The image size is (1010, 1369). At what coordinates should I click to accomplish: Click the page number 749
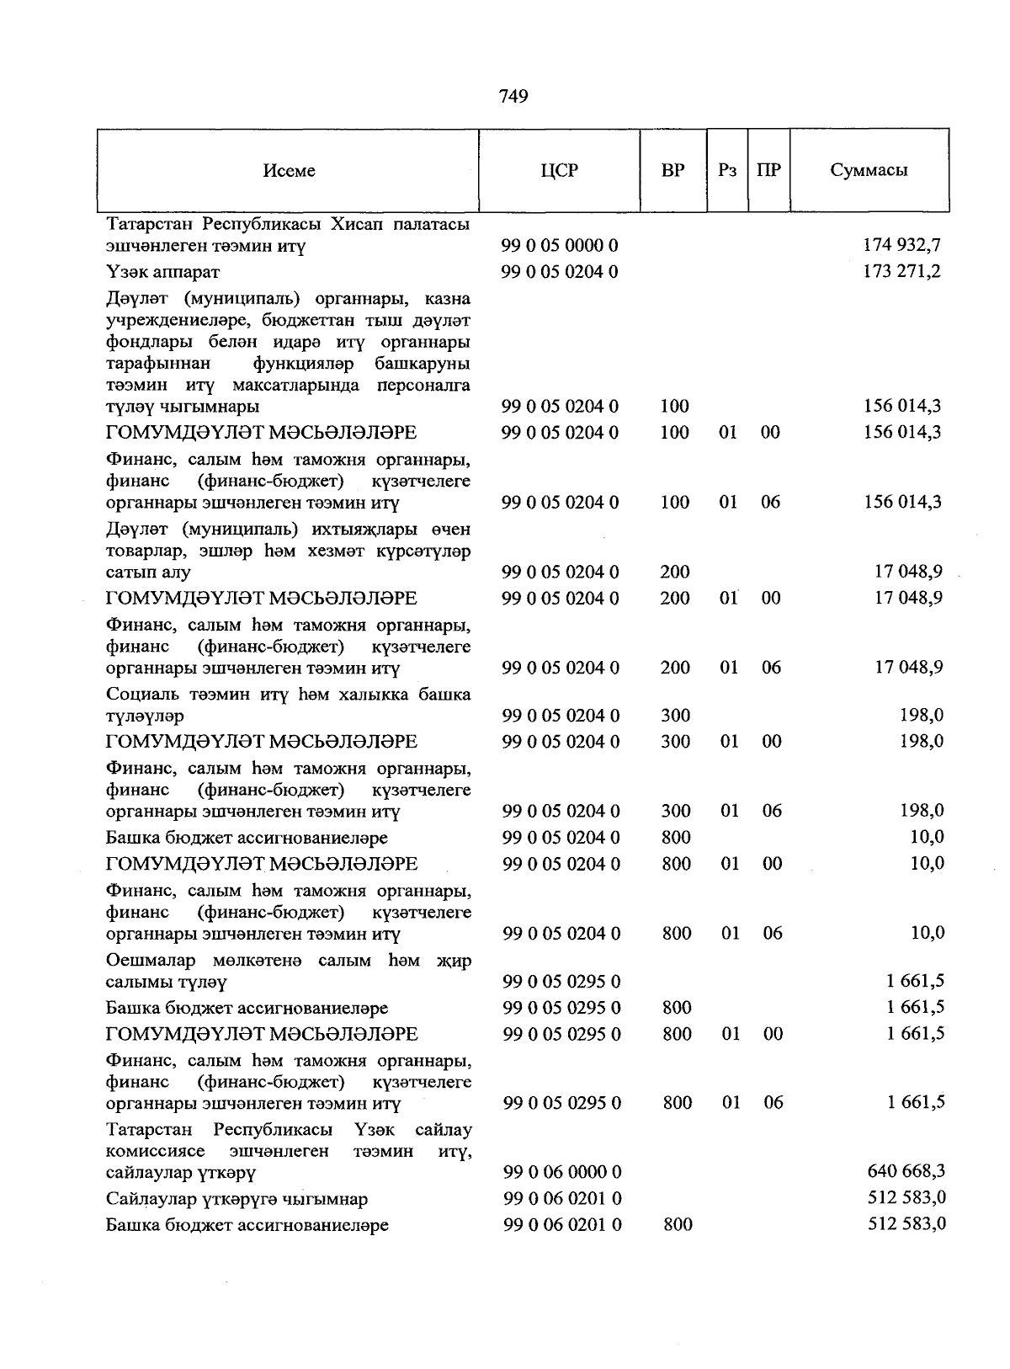(513, 97)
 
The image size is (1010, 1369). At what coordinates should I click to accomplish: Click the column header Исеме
(289, 171)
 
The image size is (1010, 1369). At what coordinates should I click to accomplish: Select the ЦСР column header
(560, 170)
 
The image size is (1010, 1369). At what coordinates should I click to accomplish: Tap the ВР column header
(673, 170)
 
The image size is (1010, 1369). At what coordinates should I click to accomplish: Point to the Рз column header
(727, 170)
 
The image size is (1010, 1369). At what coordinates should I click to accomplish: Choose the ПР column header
(768, 170)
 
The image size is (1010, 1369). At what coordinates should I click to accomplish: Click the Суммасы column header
(869, 170)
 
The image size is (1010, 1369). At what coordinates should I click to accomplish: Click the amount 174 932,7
(902, 245)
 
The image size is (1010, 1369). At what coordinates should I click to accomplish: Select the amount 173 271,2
(902, 271)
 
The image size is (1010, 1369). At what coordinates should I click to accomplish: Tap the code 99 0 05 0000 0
(560, 246)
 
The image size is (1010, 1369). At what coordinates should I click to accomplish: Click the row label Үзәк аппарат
(162, 272)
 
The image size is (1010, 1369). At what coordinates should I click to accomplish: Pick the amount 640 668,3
(906, 1171)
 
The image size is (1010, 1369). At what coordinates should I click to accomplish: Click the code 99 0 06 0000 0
(562, 1172)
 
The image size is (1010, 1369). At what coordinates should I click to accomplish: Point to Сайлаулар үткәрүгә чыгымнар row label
(237, 1199)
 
